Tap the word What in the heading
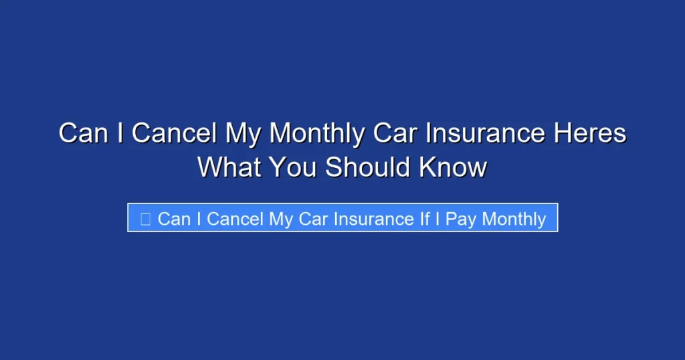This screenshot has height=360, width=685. pos(229,167)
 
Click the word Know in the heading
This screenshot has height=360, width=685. pos(453,167)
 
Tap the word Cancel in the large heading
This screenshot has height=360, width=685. pos(174,134)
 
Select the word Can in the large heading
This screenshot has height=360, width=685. pos(83,134)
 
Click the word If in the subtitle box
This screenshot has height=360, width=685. pos(425,219)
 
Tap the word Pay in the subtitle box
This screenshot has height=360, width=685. pos(460,219)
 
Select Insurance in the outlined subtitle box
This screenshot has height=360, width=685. pos(374,219)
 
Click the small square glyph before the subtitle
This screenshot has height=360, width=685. pos(145,219)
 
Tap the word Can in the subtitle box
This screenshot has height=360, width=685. pos(174,219)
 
